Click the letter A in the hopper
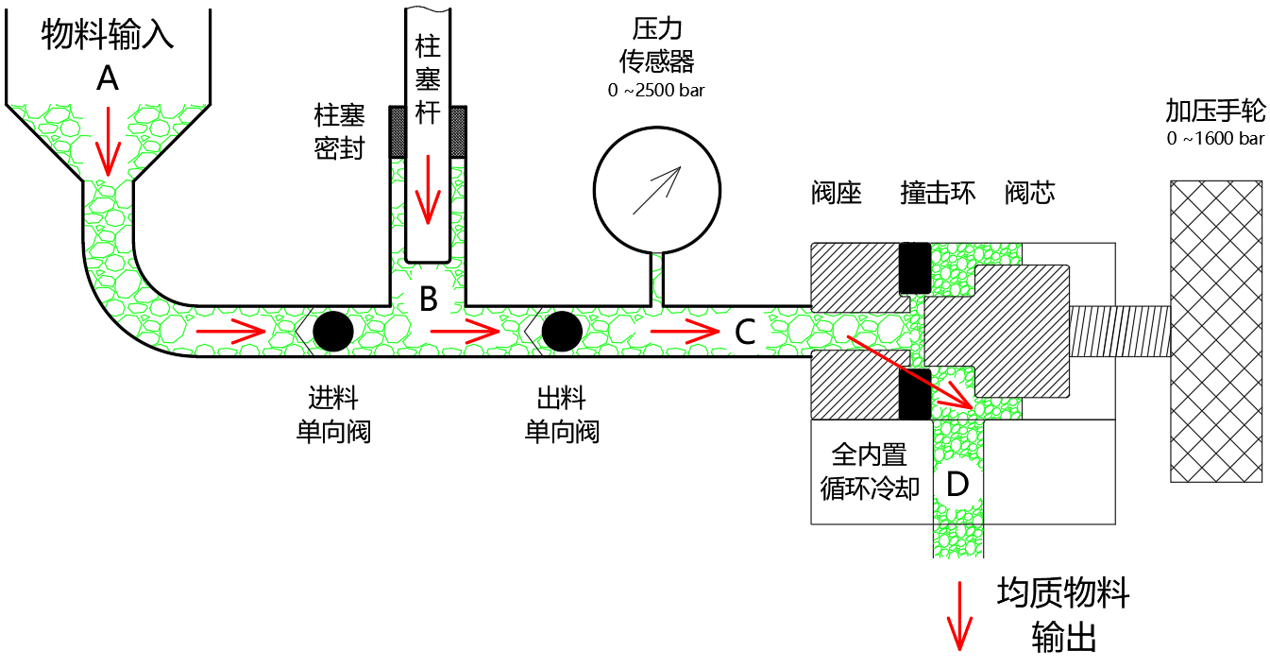pyautogui.click(x=108, y=78)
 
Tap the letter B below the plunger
pyautogui.click(x=429, y=299)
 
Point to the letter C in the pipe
pyautogui.click(x=745, y=332)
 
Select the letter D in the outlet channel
pyautogui.click(x=957, y=484)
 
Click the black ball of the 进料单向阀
pyautogui.click(x=333, y=332)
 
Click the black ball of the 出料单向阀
pyautogui.click(x=562, y=332)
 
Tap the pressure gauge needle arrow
pyautogui.click(x=656, y=190)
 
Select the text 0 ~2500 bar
pyautogui.click(x=656, y=91)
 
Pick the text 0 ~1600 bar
pyautogui.click(x=1215, y=139)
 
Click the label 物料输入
pyautogui.click(x=108, y=34)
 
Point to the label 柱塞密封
pyautogui.click(x=340, y=131)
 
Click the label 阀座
pyautogui.click(x=837, y=193)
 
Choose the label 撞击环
pyautogui.click(x=938, y=193)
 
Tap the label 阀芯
pyautogui.click(x=1029, y=193)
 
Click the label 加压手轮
pyautogui.click(x=1215, y=111)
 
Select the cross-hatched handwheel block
pyautogui.click(x=1216, y=332)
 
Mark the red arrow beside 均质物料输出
pyautogui.click(x=959, y=616)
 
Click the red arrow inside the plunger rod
pyautogui.click(x=428, y=190)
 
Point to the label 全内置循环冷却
pyautogui.click(x=869, y=471)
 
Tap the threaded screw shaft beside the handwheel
pyautogui.click(x=1120, y=332)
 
